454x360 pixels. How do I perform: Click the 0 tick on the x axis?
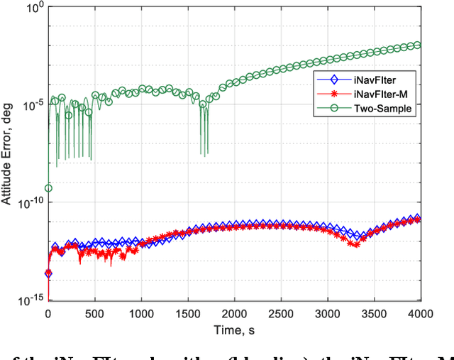(x=48, y=312)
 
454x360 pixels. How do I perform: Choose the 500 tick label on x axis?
(x=94, y=312)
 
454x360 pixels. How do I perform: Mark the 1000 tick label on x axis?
(x=141, y=312)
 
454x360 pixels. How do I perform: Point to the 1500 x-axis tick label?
(x=188, y=312)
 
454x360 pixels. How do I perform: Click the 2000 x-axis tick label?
(x=234, y=312)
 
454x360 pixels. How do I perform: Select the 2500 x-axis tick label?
(x=281, y=312)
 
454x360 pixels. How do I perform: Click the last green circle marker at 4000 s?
(x=417, y=45)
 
